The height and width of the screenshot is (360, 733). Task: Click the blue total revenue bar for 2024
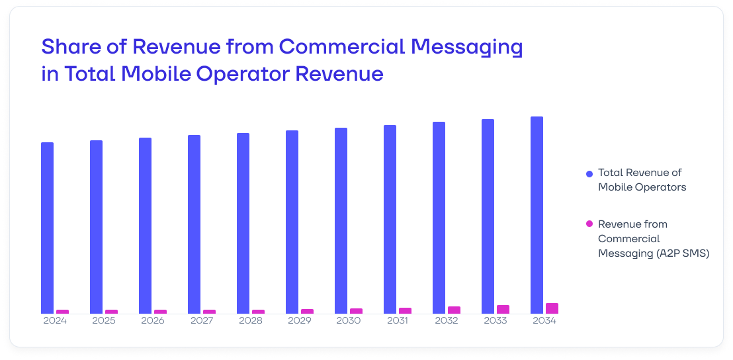pyautogui.click(x=47, y=228)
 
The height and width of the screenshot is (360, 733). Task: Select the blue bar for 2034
pyautogui.click(x=537, y=215)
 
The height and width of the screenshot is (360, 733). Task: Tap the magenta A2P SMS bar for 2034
pyautogui.click(x=552, y=308)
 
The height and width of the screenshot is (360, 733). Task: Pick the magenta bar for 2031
pyautogui.click(x=405, y=310)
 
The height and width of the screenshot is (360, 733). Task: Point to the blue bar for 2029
pyautogui.click(x=292, y=222)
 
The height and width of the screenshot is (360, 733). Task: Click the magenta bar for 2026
pyautogui.click(x=160, y=312)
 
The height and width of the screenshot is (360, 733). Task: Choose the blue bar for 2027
pyautogui.click(x=194, y=224)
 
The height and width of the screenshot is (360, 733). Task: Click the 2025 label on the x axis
pyautogui.click(x=104, y=321)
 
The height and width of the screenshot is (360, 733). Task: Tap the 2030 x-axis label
pyautogui.click(x=349, y=321)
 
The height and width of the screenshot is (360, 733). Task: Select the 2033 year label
pyautogui.click(x=496, y=321)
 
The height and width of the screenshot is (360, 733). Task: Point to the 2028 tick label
pyautogui.click(x=251, y=321)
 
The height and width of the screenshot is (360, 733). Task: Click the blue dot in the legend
pyautogui.click(x=589, y=173)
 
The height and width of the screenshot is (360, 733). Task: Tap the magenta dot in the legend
pyautogui.click(x=589, y=224)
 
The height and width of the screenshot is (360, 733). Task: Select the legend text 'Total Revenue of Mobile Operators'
pyautogui.click(x=641, y=179)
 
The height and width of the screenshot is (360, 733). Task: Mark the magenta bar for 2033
pyautogui.click(x=503, y=309)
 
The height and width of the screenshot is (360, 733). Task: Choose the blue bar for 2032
pyautogui.click(x=439, y=218)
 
